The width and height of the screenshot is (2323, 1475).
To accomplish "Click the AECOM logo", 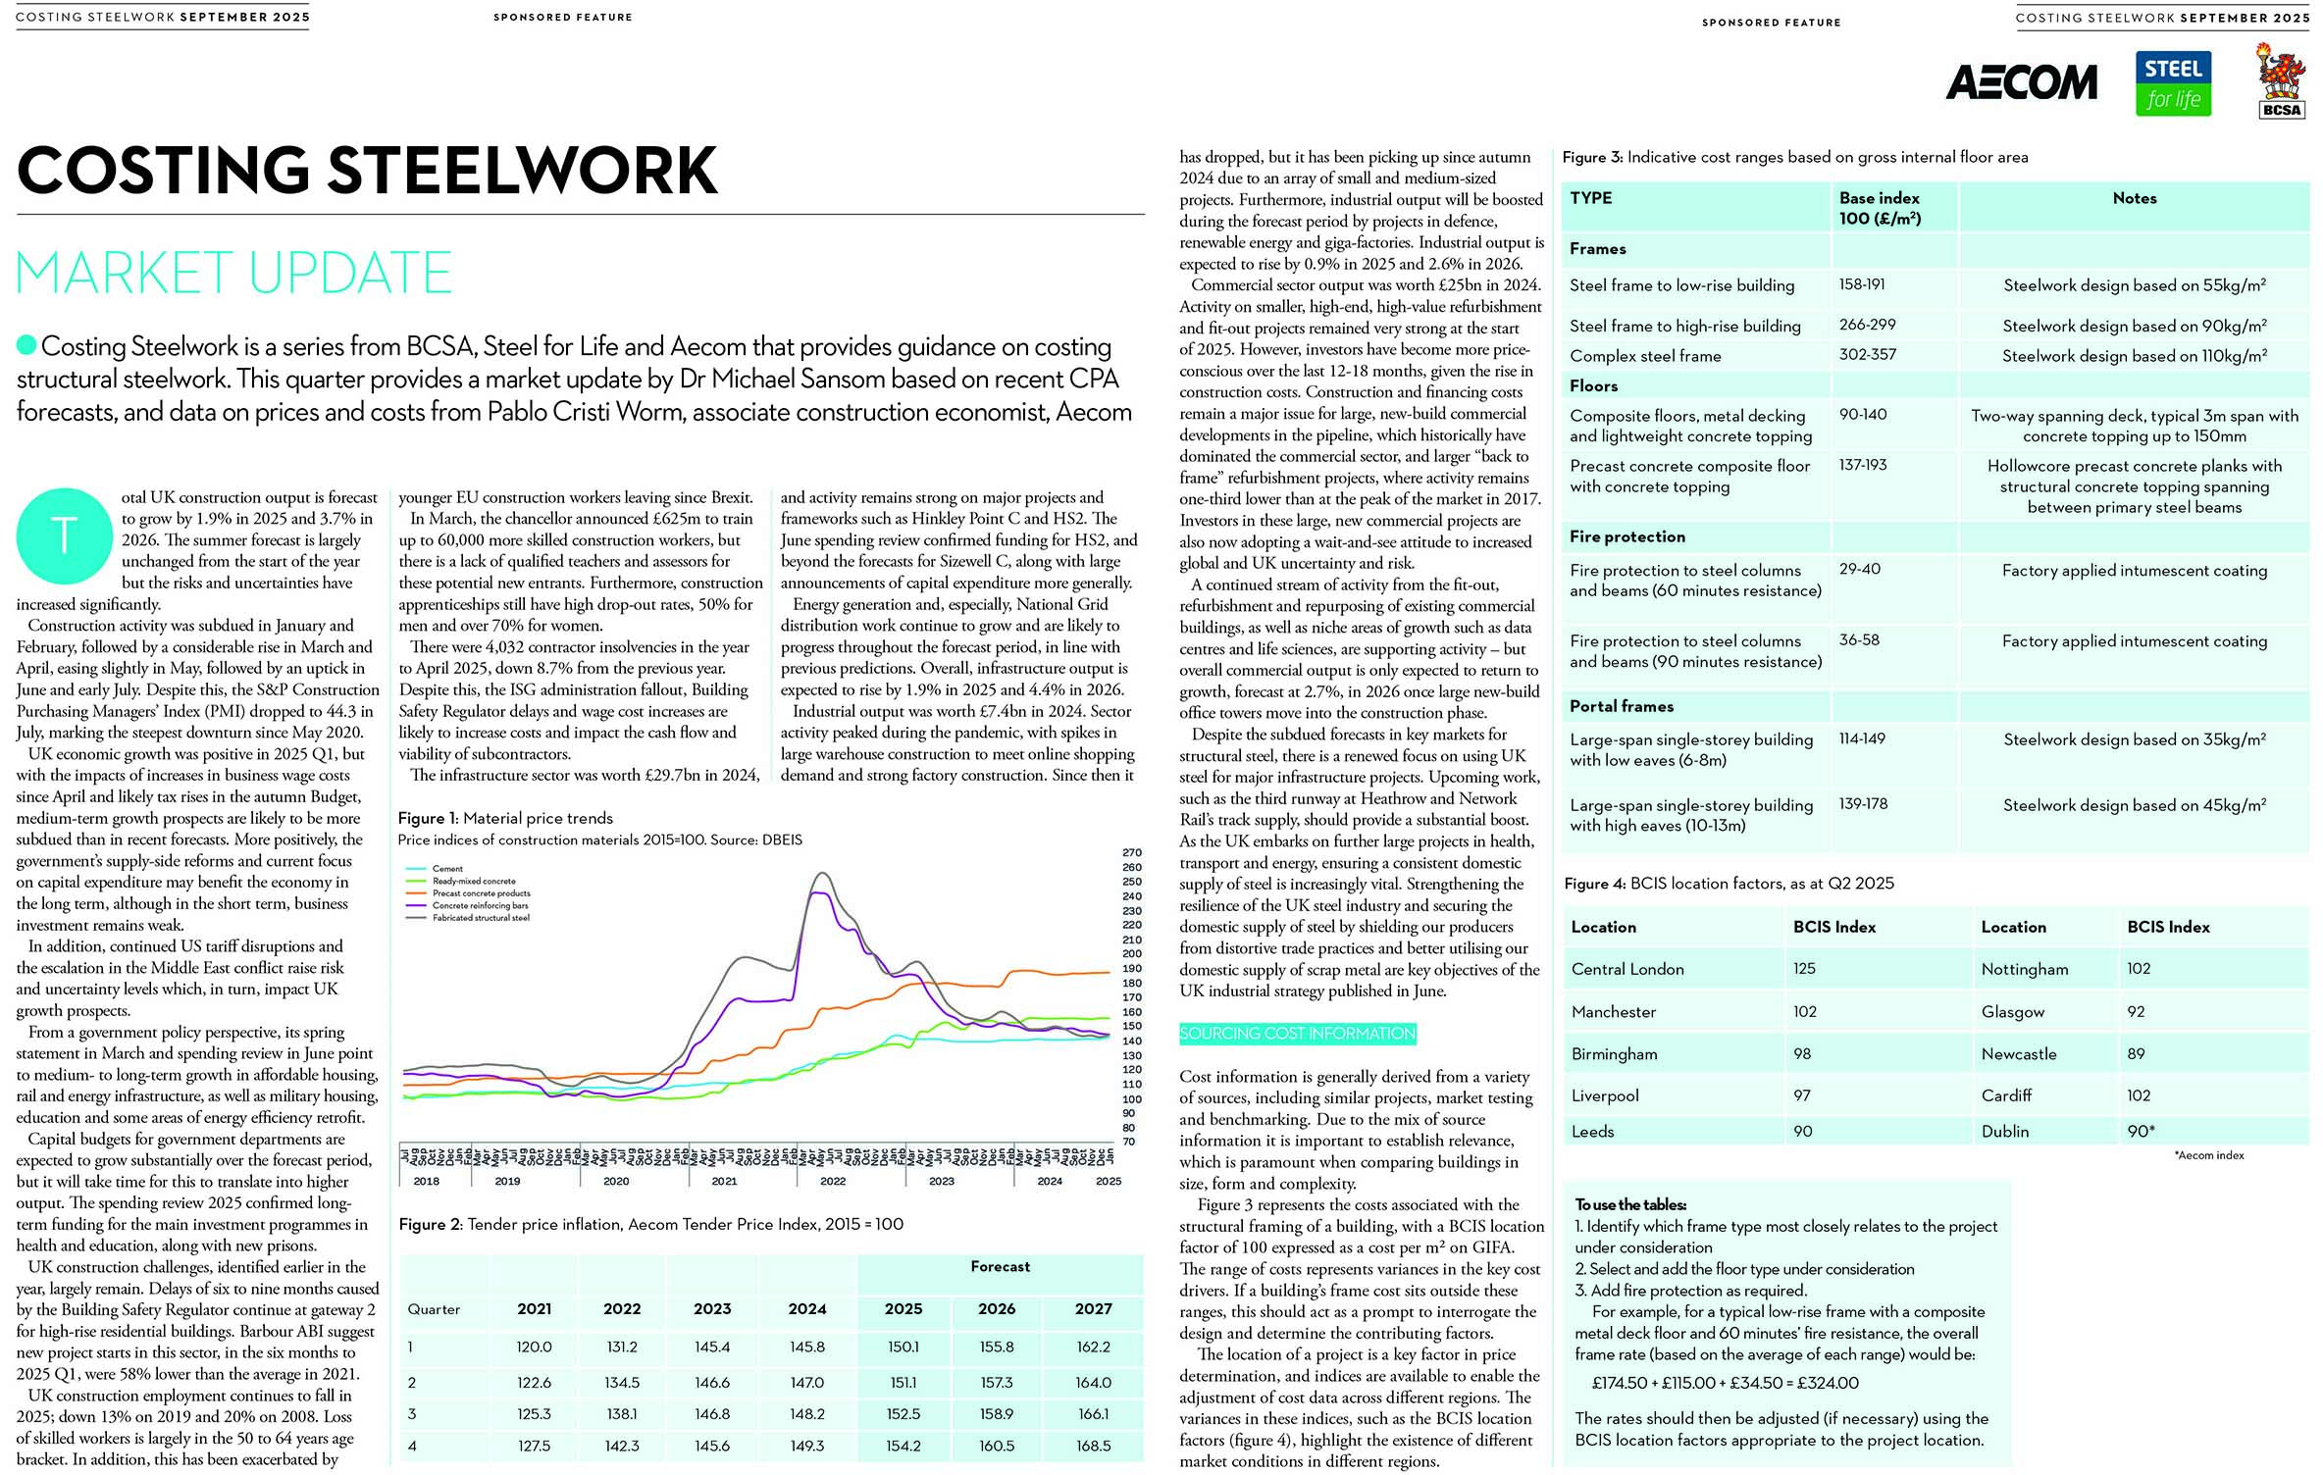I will click(x=2021, y=83).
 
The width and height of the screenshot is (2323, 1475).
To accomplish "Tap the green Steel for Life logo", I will click(x=2173, y=84).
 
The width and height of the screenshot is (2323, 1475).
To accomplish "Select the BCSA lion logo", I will click(x=2281, y=80).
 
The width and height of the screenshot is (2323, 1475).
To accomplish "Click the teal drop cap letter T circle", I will click(x=64, y=535).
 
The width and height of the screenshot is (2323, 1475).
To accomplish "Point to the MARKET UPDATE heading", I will click(x=233, y=273).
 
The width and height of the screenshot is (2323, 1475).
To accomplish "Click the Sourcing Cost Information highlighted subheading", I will click(x=1297, y=1034).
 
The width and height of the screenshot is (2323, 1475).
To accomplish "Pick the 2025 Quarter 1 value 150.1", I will click(x=903, y=1347).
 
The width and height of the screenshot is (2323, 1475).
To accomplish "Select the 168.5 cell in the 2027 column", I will click(x=1093, y=1446).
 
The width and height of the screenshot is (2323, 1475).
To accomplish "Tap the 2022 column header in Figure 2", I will click(x=622, y=1308).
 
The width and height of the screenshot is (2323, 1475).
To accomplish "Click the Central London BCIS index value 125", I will click(x=1804, y=968).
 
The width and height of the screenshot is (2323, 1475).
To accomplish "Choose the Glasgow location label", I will click(x=2013, y=1011).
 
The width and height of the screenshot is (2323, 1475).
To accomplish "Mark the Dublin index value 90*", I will click(x=2141, y=1131).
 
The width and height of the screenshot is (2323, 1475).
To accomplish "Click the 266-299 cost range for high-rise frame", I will click(x=1867, y=325).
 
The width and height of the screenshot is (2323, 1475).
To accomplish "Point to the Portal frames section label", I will click(x=1622, y=706).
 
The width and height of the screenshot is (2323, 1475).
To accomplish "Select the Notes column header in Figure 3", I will click(x=2134, y=198).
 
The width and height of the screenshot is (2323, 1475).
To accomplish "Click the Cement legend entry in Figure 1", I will click(x=447, y=869).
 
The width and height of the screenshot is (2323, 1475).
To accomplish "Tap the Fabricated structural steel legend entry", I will click(x=481, y=918).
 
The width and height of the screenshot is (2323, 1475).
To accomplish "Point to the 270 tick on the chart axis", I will click(x=1131, y=853).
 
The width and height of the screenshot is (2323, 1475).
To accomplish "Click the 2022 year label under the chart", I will click(x=833, y=1181).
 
